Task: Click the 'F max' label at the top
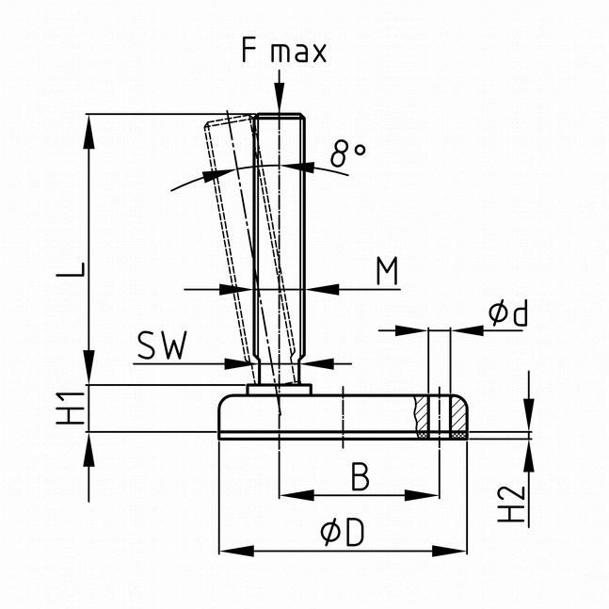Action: (x=282, y=51)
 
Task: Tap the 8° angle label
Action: (x=348, y=152)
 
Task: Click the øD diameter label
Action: (x=342, y=534)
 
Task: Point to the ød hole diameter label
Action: (x=508, y=313)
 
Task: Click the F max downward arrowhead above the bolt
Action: (x=279, y=103)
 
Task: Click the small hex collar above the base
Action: (x=279, y=388)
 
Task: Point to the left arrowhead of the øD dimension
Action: (x=227, y=552)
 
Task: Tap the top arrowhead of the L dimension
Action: (x=90, y=125)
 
